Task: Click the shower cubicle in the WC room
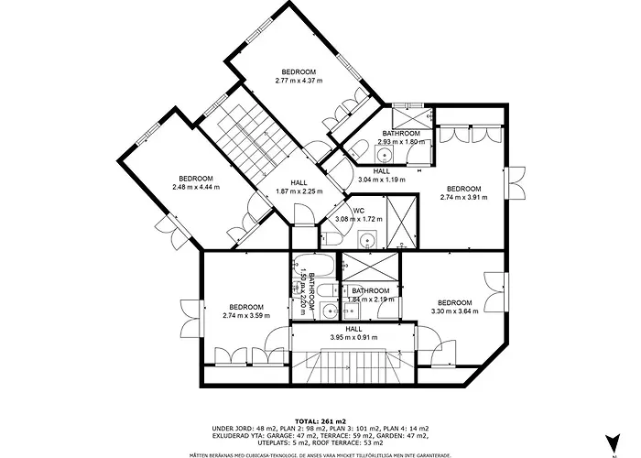[399, 224]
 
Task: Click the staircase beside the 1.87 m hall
[248, 137]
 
